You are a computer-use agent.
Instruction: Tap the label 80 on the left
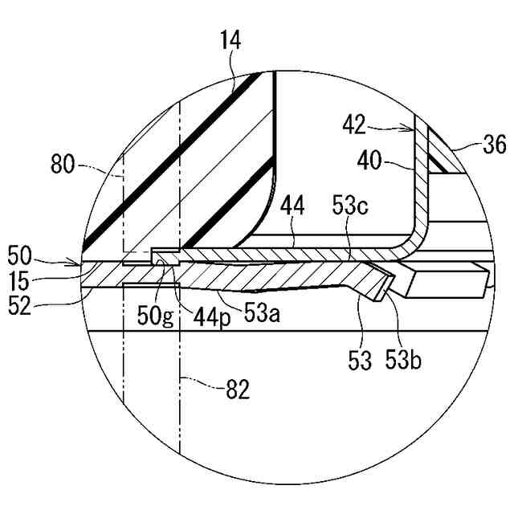coord(62,166)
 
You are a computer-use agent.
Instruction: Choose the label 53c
coord(350,207)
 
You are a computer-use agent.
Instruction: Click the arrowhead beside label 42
coord(411,128)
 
